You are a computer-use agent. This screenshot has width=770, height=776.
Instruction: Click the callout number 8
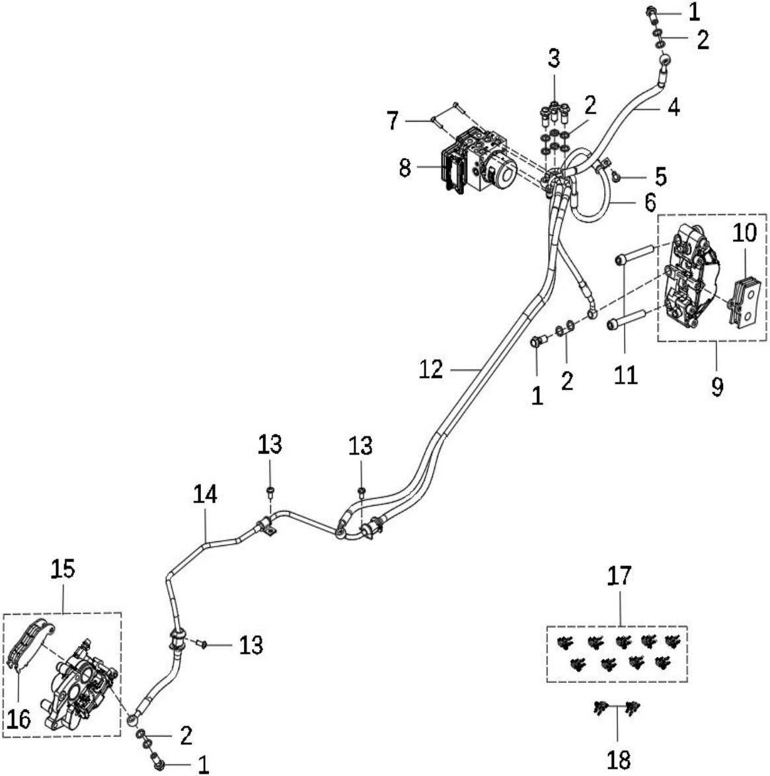404,169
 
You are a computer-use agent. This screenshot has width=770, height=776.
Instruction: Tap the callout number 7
393,121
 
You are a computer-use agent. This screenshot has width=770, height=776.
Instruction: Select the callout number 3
554,58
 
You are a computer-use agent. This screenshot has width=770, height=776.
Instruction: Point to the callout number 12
430,369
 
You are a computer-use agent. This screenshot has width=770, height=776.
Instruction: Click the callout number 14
205,494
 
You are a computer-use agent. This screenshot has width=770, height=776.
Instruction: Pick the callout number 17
619,576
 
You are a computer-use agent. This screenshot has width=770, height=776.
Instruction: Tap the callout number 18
619,759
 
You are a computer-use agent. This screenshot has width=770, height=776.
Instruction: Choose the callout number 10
745,233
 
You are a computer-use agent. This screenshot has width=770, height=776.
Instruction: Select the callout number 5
661,176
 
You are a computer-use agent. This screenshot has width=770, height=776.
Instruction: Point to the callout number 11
625,375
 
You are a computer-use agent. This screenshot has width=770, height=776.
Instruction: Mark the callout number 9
718,386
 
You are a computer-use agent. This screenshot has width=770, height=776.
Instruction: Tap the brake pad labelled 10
745,302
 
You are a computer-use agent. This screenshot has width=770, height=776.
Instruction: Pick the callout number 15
63,569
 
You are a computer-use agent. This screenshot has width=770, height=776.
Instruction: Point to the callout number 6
650,203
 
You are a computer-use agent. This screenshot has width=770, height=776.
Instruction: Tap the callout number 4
674,107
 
